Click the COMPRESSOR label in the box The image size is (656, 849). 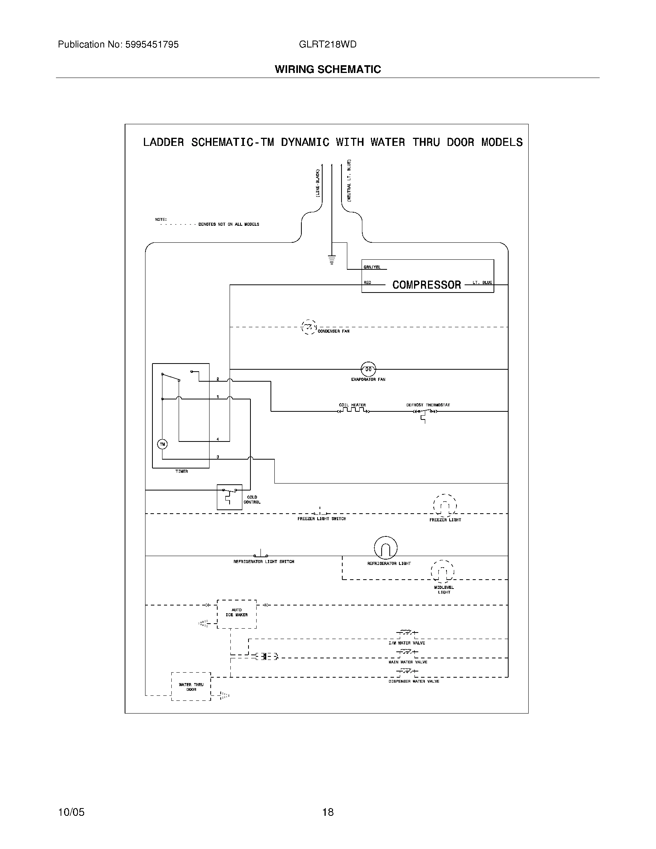426,285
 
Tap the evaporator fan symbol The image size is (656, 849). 368,369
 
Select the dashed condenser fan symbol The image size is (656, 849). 309,327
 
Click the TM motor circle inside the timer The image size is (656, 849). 162,444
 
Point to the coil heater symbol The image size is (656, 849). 353,411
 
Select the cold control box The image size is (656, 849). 229,497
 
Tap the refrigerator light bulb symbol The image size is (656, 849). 385,548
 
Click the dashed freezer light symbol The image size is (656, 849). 445,506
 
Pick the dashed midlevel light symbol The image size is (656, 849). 442,571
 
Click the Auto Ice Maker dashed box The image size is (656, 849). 236,614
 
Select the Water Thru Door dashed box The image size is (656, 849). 191,687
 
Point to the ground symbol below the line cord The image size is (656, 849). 331,259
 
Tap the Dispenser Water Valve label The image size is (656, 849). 414,682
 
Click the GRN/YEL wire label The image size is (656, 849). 372,267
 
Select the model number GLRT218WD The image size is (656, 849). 327,45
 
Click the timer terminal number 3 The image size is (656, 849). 218,457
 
